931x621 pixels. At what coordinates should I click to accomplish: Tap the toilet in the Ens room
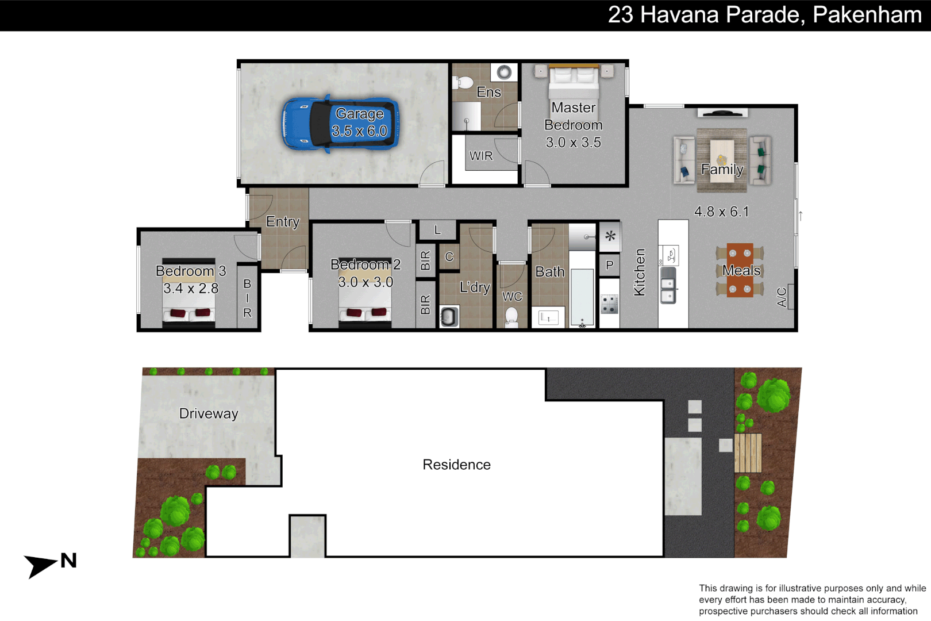[463, 82]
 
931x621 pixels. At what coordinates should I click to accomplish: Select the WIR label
[481, 156]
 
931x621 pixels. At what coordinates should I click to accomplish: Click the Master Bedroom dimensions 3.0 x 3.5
[573, 143]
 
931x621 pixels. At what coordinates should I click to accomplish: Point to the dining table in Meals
[740, 270]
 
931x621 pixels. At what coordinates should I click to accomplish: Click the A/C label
[782, 297]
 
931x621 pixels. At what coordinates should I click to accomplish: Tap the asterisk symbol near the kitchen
[610, 236]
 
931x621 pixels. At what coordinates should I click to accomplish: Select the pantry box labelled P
[610, 265]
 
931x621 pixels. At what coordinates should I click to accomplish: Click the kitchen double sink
[668, 290]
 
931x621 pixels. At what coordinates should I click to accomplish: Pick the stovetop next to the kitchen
[609, 304]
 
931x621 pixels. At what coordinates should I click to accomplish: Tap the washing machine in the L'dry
[449, 317]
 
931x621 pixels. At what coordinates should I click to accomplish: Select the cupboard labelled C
[449, 257]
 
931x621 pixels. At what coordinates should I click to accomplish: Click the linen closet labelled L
[437, 230]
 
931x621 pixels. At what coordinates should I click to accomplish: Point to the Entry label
[283, 221]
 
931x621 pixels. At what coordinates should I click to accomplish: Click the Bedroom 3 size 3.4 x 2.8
[191, 288]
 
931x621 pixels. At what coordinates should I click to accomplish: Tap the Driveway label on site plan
[209, 413]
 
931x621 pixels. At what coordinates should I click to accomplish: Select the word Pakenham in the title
[867, 15]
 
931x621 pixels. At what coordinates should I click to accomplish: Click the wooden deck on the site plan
[748, 453]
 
